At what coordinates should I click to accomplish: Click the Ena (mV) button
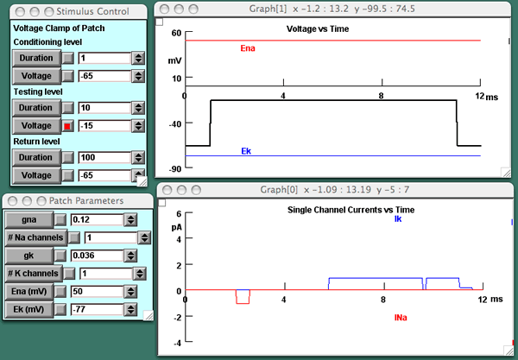(28, 291)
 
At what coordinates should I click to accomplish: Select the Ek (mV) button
(28, 308)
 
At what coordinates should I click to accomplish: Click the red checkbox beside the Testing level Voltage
(67, 126)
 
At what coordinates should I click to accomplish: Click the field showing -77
(100, 308)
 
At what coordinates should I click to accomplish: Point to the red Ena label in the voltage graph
(247, 48)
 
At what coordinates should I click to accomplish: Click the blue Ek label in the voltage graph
(245, 151)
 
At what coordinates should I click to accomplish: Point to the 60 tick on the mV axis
(176, 33)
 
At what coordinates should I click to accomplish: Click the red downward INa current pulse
(243, 297)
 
